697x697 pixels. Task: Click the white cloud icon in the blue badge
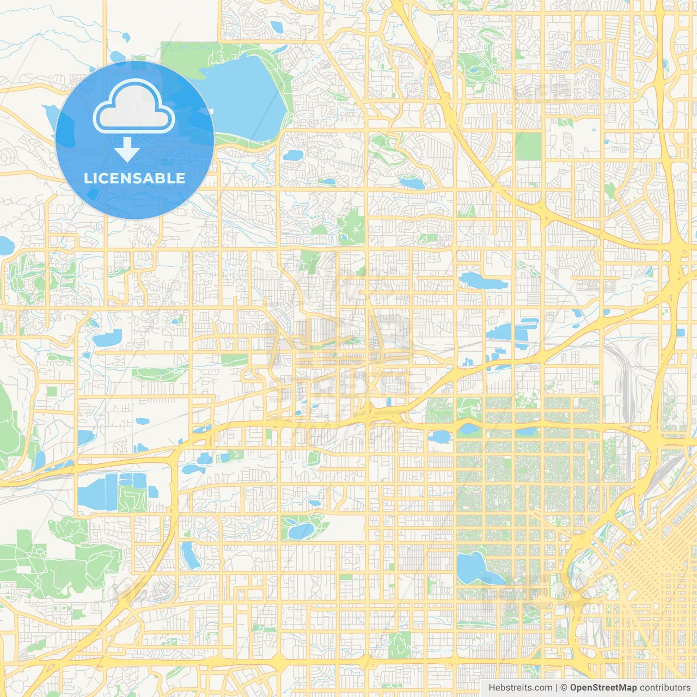[134, 107]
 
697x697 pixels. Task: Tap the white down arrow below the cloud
[127, 150]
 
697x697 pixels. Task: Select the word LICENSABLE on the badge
[134, 178]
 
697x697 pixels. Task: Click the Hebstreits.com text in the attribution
[520, 688]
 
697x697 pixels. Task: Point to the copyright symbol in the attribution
[564, 688]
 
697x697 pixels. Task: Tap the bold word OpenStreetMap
[603, 688]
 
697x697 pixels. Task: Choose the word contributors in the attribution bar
[664, 688]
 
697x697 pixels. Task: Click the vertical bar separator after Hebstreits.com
[556, 688]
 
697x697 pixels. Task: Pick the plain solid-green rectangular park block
[529, 146]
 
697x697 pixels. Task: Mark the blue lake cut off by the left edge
[4, 246]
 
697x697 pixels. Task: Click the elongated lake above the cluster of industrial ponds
[484, 281]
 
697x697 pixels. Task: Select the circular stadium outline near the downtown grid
[558, 588]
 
